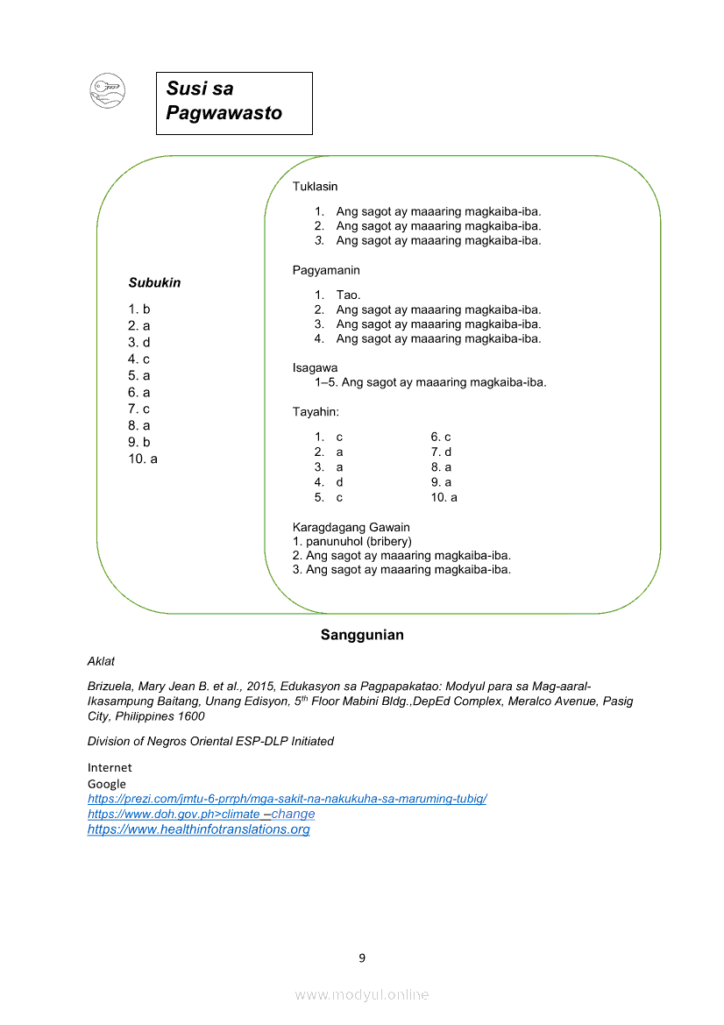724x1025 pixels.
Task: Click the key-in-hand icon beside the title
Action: coord(108,91)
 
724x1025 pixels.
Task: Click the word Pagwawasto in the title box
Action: coord(224,113)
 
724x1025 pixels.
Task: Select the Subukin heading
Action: coord(154,282)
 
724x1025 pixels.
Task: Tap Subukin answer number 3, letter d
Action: coord(139,342)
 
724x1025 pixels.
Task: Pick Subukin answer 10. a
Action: coord(143,459)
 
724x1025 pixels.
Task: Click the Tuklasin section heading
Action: coord(315,187)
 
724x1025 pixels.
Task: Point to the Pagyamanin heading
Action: coord(326,270)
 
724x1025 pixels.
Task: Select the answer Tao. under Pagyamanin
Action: coord(348,295)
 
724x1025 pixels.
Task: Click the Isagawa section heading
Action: coord(315,367)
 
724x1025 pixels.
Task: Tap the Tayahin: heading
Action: coord(316,411)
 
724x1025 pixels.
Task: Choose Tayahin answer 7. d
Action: coord(441,452)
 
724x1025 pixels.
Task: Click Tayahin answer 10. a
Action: coord(444,497)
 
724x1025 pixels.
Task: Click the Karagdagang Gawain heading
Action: coord(351,527)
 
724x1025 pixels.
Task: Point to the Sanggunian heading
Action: coord(362,635)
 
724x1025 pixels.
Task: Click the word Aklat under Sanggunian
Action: coord(101,661)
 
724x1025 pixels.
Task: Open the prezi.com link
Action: coord(287,799)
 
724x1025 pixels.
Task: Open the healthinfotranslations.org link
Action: coord(198,829)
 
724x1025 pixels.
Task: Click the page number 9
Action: coord(362,957)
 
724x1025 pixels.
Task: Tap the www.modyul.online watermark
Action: coord(362,994)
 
